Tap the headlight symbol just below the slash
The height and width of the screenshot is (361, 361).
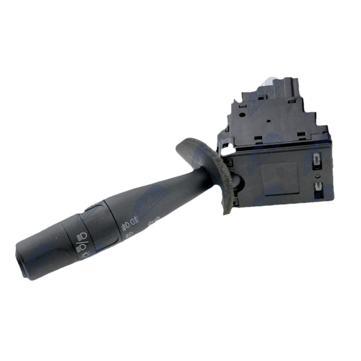click(x=81, y=248)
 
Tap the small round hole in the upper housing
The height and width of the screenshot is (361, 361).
click(x=268, y=121)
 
